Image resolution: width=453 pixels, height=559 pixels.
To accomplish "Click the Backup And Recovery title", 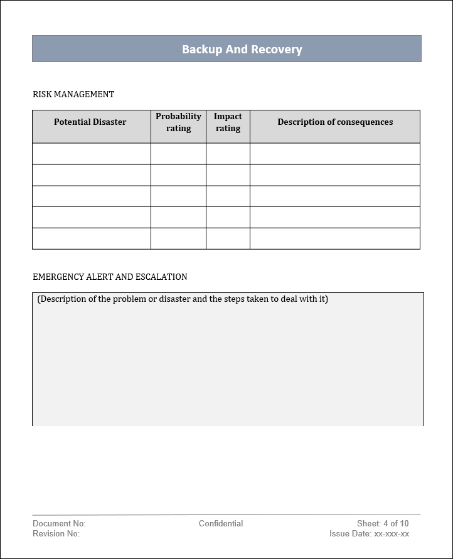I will (x=242, y=49).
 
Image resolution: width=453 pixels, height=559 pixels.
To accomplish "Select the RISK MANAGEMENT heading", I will (x=73, y=94).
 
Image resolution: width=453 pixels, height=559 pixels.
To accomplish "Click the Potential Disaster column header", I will (x=90, y=122).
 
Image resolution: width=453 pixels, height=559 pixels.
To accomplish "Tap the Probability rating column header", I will (x=178, y=122).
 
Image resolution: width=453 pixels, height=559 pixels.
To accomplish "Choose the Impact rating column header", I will (x=228, y=122).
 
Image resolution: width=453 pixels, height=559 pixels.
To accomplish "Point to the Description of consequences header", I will (x=335, y=122).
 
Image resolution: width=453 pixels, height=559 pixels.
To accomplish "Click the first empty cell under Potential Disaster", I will (x=92, y=154).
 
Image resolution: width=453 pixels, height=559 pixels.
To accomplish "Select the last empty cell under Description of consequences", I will (x=335, y=238).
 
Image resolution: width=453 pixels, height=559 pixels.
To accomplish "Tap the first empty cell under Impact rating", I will (x=228, y=154).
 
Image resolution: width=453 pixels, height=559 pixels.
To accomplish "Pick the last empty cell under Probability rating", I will (x=178, y=238).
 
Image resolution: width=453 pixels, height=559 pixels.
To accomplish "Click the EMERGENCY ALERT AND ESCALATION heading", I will (x=110, y=277).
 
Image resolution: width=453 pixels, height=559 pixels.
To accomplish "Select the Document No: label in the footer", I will (x=59, y=523).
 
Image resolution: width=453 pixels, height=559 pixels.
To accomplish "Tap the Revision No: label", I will (x=56, y=534).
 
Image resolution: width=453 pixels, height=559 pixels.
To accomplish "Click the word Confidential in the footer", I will (x=221, y=523).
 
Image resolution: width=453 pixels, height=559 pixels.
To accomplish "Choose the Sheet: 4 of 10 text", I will (x=383, y=523).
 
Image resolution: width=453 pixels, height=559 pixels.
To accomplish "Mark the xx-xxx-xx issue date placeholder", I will (x=392, y=534).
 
